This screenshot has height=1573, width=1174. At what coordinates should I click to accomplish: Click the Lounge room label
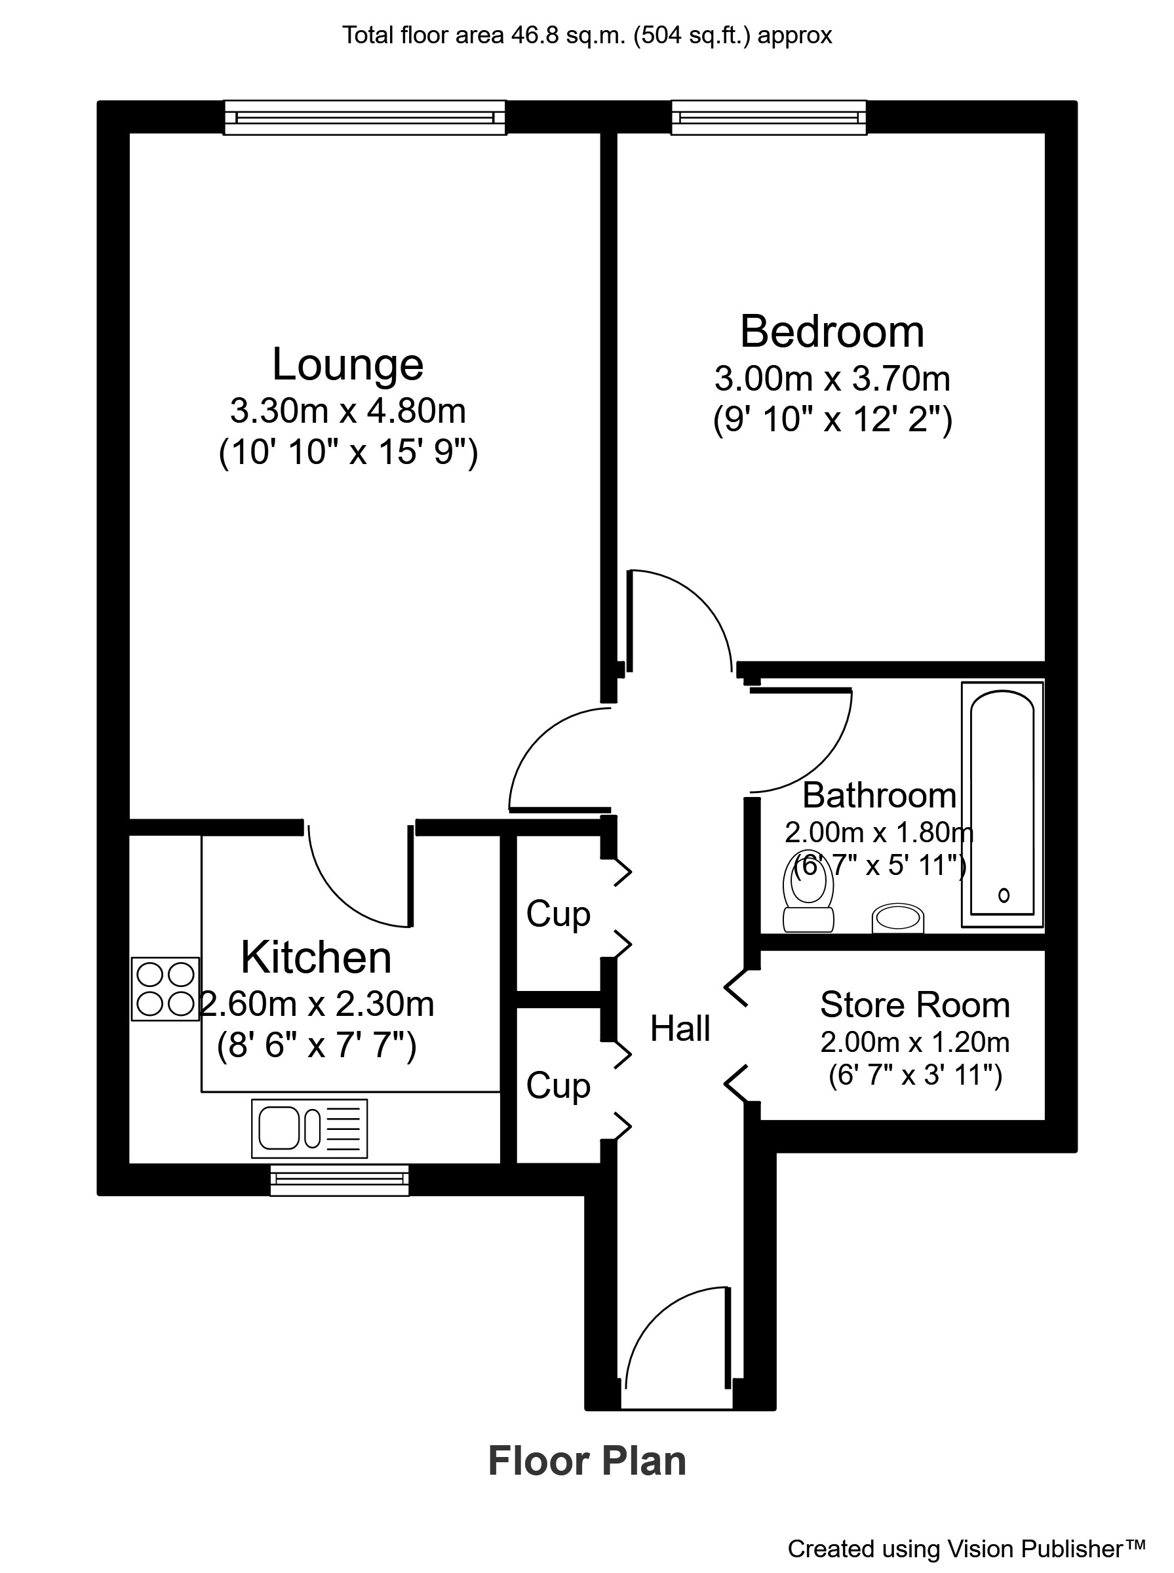[x=347, y=364]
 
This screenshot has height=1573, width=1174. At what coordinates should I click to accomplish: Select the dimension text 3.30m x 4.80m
[x=347, y=411]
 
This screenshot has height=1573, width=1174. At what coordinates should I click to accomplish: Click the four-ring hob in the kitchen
[x=165, y=988]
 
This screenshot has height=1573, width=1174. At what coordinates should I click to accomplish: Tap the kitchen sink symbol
[x=309, y=1128]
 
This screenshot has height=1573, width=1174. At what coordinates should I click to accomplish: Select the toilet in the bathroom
[x=808, y=891]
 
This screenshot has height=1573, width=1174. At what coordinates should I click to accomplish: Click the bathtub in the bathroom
[x=1002, y=804]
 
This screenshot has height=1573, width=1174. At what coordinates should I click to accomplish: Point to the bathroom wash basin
[x=897, y=918]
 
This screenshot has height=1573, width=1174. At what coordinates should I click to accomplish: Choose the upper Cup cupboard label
[x=558, y=914]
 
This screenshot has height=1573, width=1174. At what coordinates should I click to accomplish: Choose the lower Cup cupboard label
[x=558, y=1085]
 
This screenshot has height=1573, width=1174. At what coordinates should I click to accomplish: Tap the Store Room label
[x=914, y=1005]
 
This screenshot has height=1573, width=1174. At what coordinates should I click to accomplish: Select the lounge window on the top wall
[x=364, y=117]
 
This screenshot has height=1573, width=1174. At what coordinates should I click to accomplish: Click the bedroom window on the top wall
[x=768, y=117]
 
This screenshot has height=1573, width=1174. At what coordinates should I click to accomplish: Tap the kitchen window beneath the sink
[x=339, y=1180]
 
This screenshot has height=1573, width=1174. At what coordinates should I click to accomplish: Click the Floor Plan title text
[x=587, y=1461]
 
